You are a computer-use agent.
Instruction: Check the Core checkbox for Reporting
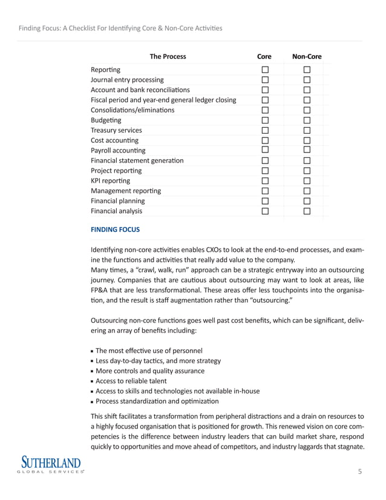264,70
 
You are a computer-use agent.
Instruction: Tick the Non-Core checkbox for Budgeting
307,120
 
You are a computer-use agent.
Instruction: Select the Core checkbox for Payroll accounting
264,150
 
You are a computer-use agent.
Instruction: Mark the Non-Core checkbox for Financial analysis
307,211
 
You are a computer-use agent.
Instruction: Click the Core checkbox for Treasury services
264,130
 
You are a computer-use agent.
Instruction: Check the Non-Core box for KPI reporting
307,181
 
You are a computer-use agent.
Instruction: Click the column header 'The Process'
168,57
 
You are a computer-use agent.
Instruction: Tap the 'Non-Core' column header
307,57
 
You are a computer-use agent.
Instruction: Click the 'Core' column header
264,57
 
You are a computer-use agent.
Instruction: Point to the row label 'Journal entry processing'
127,80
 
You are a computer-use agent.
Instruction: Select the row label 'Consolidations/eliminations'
132,110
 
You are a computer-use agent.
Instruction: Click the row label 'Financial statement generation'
137,160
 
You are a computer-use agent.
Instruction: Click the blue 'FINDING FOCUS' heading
115,230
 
